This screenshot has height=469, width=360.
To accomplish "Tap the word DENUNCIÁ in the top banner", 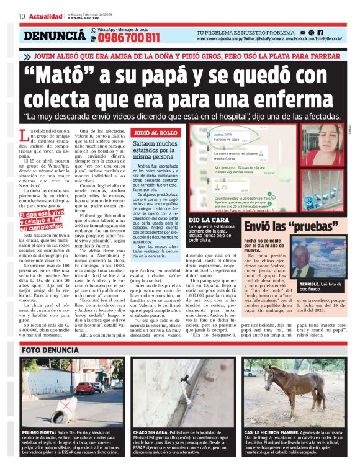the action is pyautogui.click(x=55, y=36).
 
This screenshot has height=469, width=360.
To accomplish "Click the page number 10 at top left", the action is pyautogui.click(x=22, y=16).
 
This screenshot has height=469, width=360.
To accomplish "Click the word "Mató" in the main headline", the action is pyautogui.click(x=73, y=76).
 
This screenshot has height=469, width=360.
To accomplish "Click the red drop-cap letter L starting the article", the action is pyautogui.click(x=24, y=135).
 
